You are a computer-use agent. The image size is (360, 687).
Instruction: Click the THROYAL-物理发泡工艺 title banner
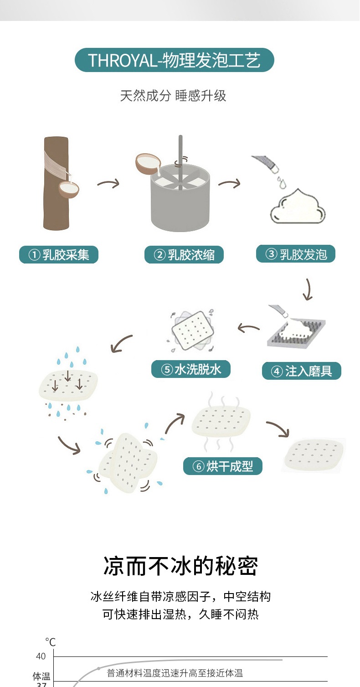tap(174, 60)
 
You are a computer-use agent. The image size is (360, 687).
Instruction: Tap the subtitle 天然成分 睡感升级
tap(173, 96)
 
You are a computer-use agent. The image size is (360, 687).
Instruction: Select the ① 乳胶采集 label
tap(59, 255)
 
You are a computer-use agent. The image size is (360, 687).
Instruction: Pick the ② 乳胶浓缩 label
tap(184, 255)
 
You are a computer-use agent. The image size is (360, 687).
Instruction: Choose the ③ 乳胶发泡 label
tap(296, 254)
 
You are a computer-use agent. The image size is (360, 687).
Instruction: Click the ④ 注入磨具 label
tap(301, 371)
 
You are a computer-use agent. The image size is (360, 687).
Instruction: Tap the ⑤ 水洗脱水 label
tap(191, 369)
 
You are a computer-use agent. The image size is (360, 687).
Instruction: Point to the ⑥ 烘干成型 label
tap(222, 466)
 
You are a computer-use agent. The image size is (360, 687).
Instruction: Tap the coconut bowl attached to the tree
tap(69, 189)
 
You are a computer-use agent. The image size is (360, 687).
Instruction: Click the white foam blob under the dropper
tap(298, 208)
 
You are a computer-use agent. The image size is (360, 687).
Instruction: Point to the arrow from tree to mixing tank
tap(108, 184)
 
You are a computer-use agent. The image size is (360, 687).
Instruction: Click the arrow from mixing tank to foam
tap(229, 184)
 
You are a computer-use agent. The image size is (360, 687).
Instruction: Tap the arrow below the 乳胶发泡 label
tap(309, 289)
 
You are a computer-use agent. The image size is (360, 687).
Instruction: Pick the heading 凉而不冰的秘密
tap(180, 566)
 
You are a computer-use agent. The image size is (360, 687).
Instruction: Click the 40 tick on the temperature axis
tap(41, 656)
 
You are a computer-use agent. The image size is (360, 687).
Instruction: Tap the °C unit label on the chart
tap(50, 642)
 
